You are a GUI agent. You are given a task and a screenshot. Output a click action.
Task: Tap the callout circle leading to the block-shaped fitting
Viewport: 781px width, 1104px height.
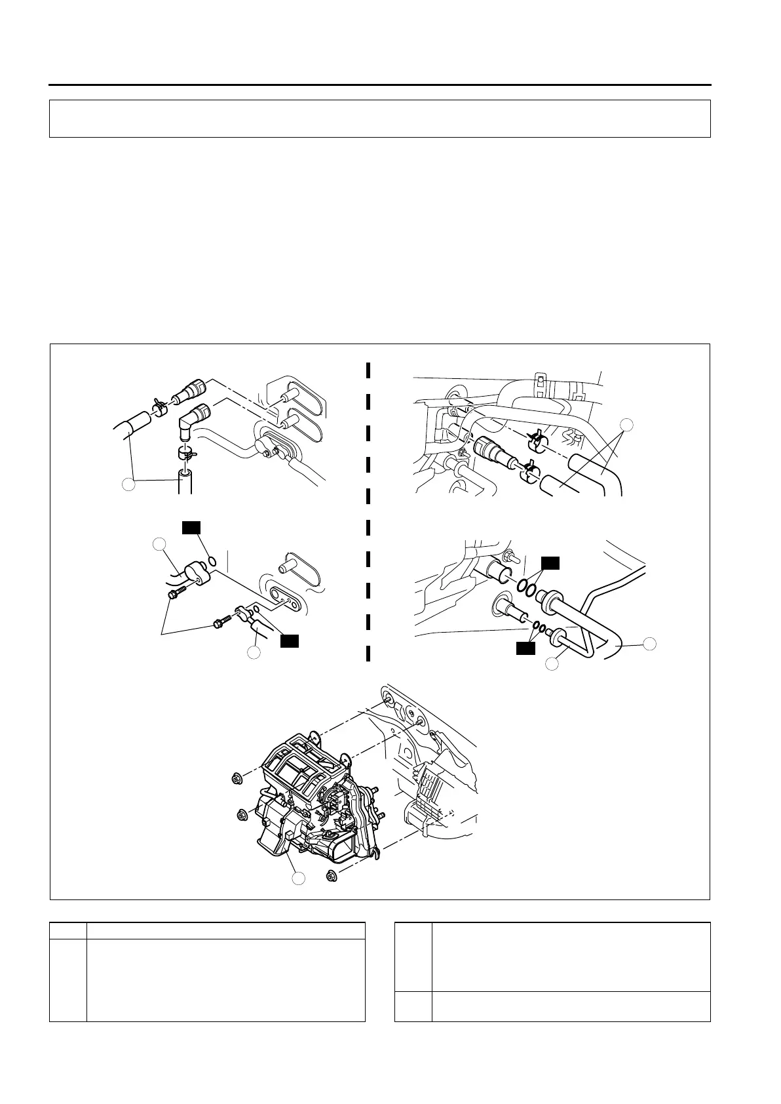click(159, 543)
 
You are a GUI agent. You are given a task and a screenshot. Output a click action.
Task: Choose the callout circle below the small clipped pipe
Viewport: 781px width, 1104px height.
click(254, 652)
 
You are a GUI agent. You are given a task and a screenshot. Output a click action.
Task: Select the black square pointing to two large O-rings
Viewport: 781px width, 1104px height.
click(550, 562)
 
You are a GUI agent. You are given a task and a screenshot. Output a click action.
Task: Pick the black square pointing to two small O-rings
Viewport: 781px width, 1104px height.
click(524, 648)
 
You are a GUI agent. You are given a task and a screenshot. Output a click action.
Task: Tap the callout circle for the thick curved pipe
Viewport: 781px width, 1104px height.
click(649, 644)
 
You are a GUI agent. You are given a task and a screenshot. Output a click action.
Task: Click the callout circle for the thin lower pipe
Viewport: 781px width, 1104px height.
click(552, 664)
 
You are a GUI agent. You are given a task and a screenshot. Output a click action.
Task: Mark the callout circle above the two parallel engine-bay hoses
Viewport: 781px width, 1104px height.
click(626, 425)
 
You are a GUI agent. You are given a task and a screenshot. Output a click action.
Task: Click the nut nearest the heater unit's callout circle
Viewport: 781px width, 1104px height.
click(330, 874)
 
